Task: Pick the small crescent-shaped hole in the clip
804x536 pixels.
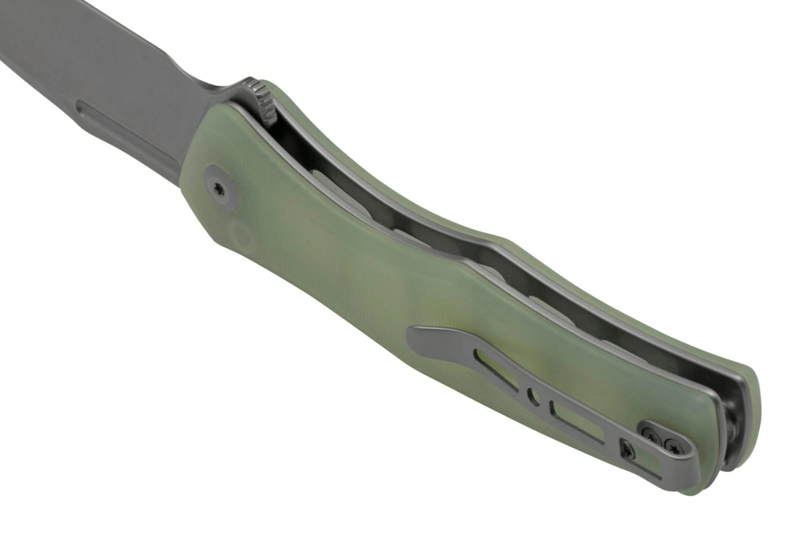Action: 531,397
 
